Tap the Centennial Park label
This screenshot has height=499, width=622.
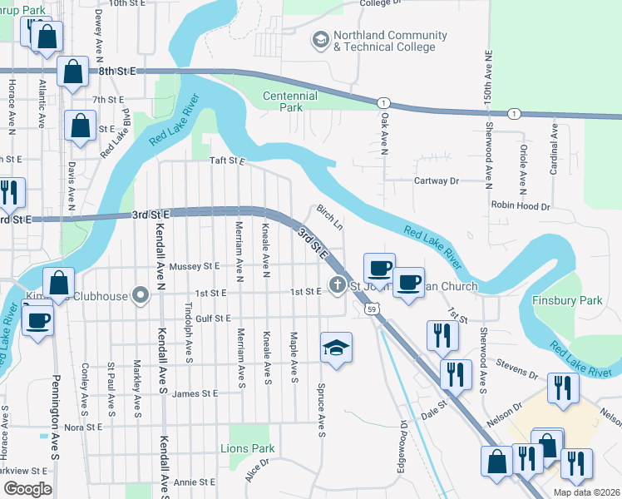click(x=290, y=101)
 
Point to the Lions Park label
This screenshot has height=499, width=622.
click(x=248, y=448)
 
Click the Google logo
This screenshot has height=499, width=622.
click(x=27, y=489)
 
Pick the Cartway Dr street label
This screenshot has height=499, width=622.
click(x=437, y=180)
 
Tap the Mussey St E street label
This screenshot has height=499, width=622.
click(x=194, y=266)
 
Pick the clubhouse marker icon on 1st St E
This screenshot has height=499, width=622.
click(x=141, y=294)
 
